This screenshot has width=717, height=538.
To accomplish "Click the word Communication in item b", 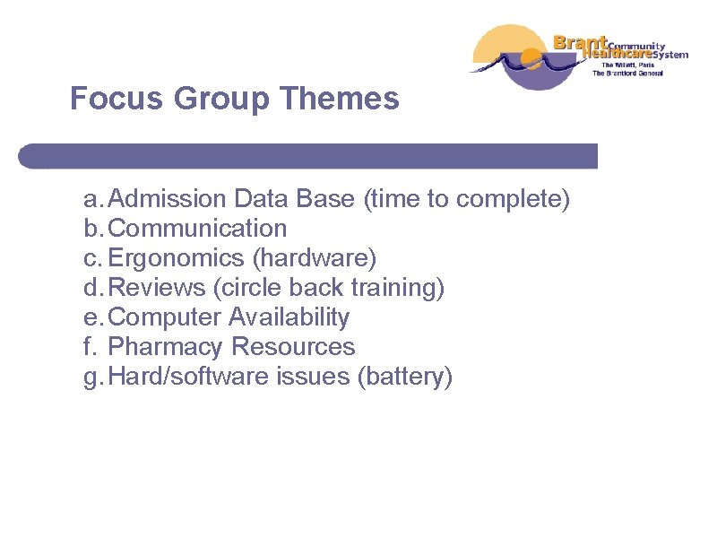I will (x=197, y=229).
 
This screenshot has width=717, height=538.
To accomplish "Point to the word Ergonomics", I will (x=176, y=258).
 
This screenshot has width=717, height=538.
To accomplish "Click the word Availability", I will (x=289, y=317).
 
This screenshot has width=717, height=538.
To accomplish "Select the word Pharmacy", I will (x=166, y=347).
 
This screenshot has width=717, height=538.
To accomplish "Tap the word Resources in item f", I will (x=294, y=347).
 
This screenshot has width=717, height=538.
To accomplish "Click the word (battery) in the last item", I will (x=405, y=377).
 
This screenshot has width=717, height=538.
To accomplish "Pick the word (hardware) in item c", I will (x=315, y=258).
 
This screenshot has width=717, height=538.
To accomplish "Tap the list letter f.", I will (x=89, y=347).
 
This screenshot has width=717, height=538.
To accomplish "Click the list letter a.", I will (x=91, y=199).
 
